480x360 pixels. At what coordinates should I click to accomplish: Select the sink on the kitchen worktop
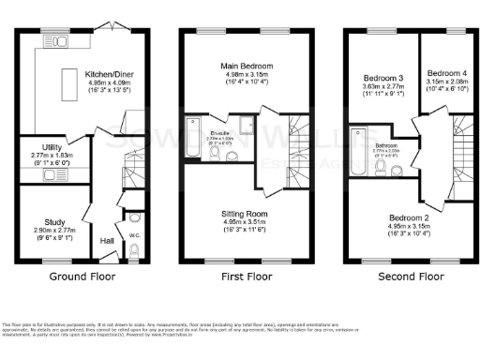click(x=56, y=41)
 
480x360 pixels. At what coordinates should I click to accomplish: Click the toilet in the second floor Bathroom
click(x=381, y=168)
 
